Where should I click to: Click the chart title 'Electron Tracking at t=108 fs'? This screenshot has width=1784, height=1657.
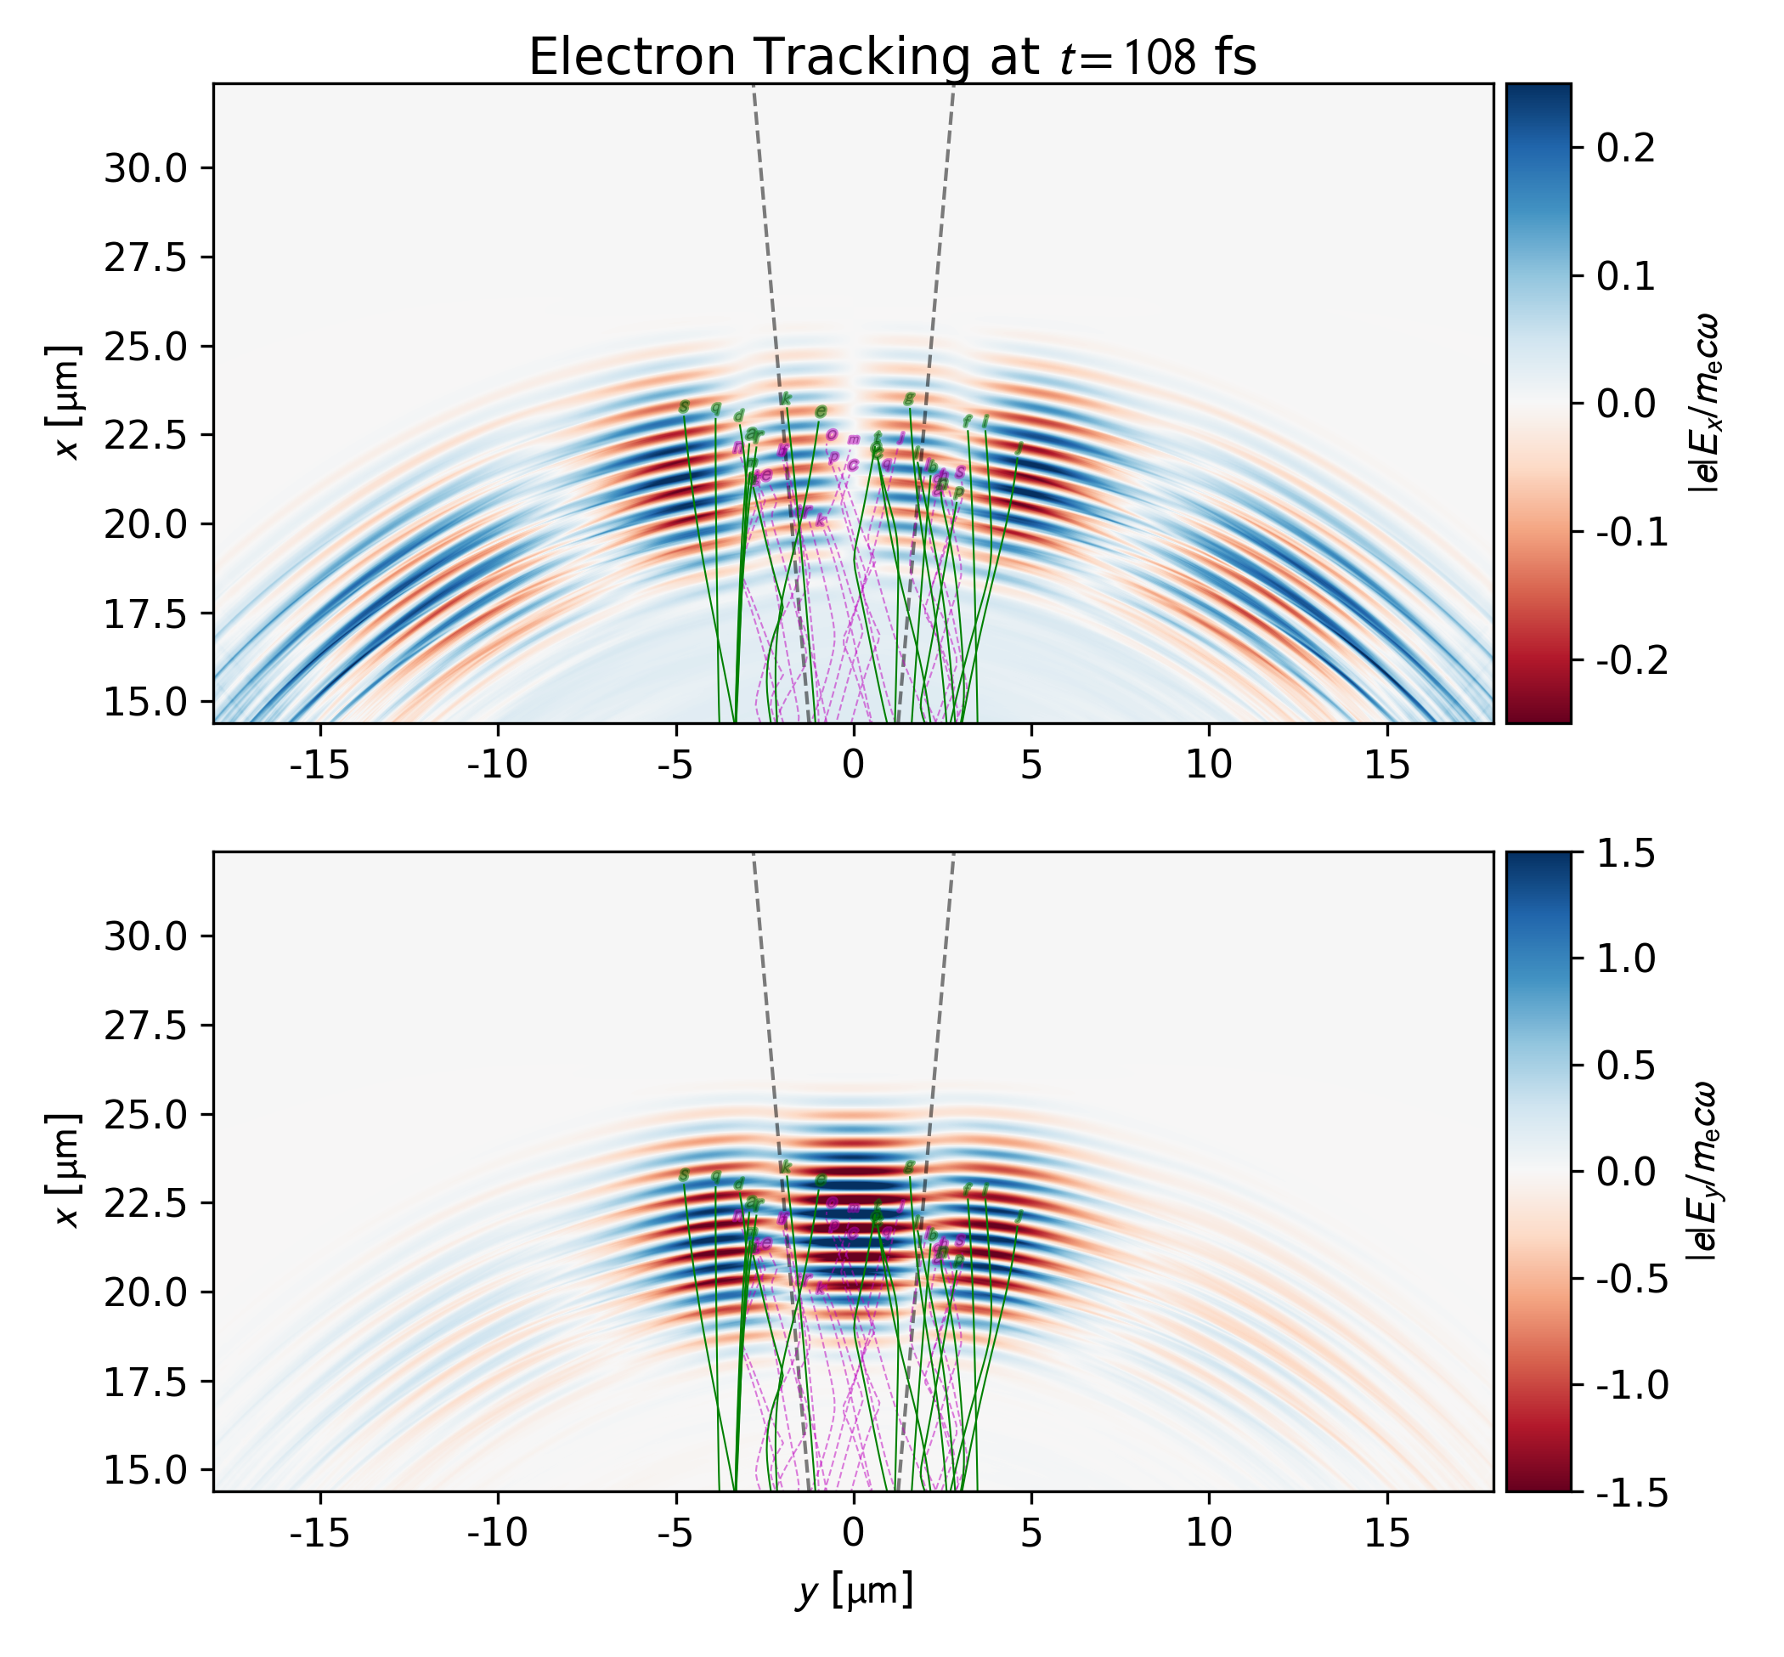pyautogui.click(x=892, y=58)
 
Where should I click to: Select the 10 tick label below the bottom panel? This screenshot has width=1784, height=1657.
pyautogui.click(x=1209, y=1532)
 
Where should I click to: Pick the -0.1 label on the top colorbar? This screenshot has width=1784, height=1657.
pyautogui.click(x=1633, y=532)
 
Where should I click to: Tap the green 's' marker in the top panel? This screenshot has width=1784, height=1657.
pyautogui.click(x=684, y=407)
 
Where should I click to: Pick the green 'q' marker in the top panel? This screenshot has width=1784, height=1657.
pyautogui.click(x=715, y=409)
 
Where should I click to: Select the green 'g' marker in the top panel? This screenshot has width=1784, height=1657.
pyautogui.click(x=908, y=399)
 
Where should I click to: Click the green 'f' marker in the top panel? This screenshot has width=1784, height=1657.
pyautogui.click(x=967, y=421)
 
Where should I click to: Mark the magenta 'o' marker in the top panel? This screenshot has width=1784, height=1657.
pyautogui.click(x=831, y=435)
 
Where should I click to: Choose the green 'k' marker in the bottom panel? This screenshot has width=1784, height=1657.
pyautogui.click(x=785, y=1167)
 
